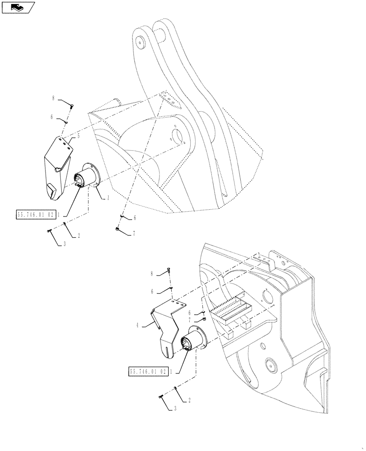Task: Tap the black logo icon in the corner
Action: (17, 7)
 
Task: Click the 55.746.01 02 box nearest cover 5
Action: (36, 215)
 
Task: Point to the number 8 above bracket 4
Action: (152, 273)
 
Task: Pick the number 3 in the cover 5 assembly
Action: (64, 244)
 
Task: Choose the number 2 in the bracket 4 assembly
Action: (189, 400)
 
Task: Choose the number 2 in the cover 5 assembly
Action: (79, 235)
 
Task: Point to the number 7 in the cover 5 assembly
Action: (133, 234)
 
